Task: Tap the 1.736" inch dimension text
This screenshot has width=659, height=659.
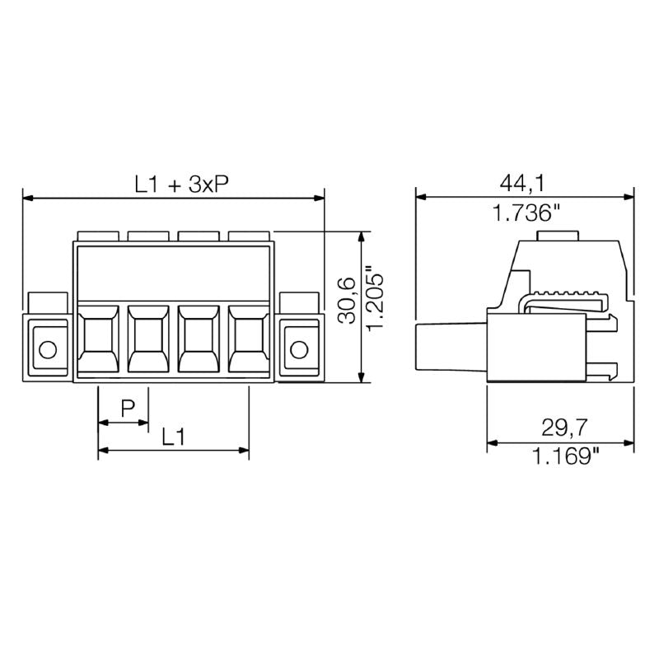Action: pos(526,214)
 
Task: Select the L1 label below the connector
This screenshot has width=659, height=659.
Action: pos(172,437)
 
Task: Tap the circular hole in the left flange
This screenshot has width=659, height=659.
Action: pos(48,349)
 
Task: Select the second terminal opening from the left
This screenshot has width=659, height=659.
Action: pos(148,339)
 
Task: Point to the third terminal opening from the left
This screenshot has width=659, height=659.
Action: pos(198,339)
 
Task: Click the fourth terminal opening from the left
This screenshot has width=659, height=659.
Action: pos(249,339)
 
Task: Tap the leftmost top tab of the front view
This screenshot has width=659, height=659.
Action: pos(98,236)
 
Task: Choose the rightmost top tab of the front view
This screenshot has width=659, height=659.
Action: pos(249,236)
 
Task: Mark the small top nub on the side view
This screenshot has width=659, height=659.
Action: pos(558,236)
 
